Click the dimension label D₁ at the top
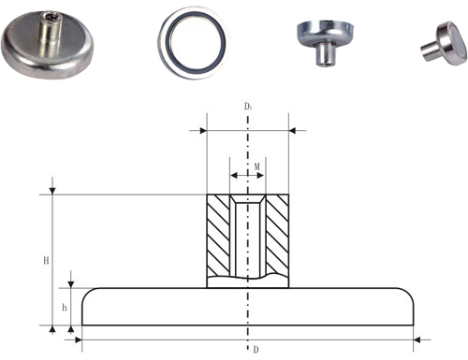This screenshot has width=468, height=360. (248, 107)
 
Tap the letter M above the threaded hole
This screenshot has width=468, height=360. (256, 166)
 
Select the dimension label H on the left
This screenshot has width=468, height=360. (46, 260)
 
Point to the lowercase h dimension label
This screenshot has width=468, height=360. (65, 308)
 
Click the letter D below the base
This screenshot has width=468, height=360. (256, 350)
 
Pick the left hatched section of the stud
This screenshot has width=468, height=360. (218, 236)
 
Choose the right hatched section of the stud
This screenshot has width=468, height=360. (277, 236)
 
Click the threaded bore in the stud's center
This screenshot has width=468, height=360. (248, 236)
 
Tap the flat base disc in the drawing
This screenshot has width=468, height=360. (248, 307)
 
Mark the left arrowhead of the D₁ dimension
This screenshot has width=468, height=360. (203, 130)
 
